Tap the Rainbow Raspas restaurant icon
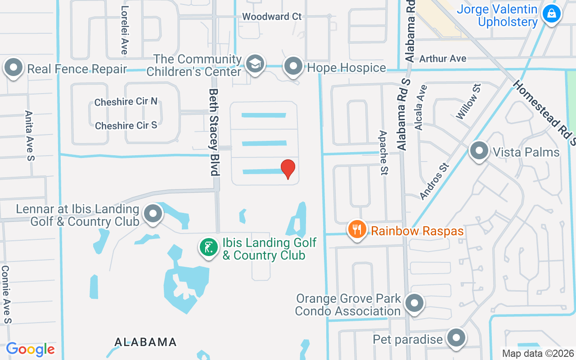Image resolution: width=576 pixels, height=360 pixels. (x=357, y=230)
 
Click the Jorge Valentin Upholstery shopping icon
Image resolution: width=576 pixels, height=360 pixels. (x=551, y=14)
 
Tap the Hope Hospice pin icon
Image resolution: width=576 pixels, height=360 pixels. (x=294, y=67)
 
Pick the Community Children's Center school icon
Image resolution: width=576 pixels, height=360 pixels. (x=256, y=65)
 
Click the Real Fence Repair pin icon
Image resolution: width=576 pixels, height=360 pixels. (x=13, y=68)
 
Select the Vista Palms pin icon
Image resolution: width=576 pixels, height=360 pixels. (x=479, y=151)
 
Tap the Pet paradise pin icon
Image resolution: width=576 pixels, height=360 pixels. (x=457, y=338)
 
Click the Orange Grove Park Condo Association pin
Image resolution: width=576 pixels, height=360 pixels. (x=414, y=304)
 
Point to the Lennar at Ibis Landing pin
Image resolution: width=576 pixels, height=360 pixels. (x=153, y=214)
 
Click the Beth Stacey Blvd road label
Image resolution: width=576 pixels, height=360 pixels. (x=214, y=131)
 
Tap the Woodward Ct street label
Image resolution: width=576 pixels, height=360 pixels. (x=272, y=17)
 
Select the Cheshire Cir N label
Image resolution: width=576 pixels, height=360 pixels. (x=126, y=102)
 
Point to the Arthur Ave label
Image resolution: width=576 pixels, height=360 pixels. (x=443, y=58)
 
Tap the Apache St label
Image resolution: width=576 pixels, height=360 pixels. (x=383, y=153)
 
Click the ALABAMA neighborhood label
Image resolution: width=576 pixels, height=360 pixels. (x=145, y=342)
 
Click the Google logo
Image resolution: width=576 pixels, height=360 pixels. (x=30, y=349)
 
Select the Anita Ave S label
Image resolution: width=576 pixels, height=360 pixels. (x=30, y=135)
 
